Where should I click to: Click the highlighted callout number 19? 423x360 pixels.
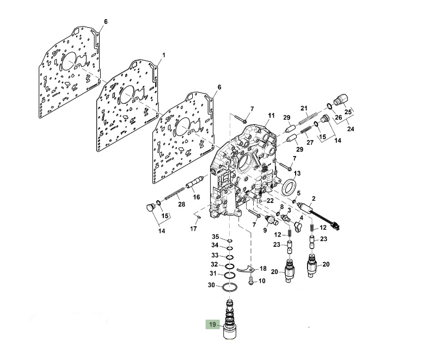point(212,325)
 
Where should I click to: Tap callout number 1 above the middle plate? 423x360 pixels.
point(163,55)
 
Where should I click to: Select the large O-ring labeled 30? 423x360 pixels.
point(230,288)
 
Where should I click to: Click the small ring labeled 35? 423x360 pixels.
point(230,240)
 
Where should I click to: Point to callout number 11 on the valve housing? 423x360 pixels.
point(271,115)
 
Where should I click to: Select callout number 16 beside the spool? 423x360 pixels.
point(197,197)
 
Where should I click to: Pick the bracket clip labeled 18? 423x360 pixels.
point(246,269)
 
